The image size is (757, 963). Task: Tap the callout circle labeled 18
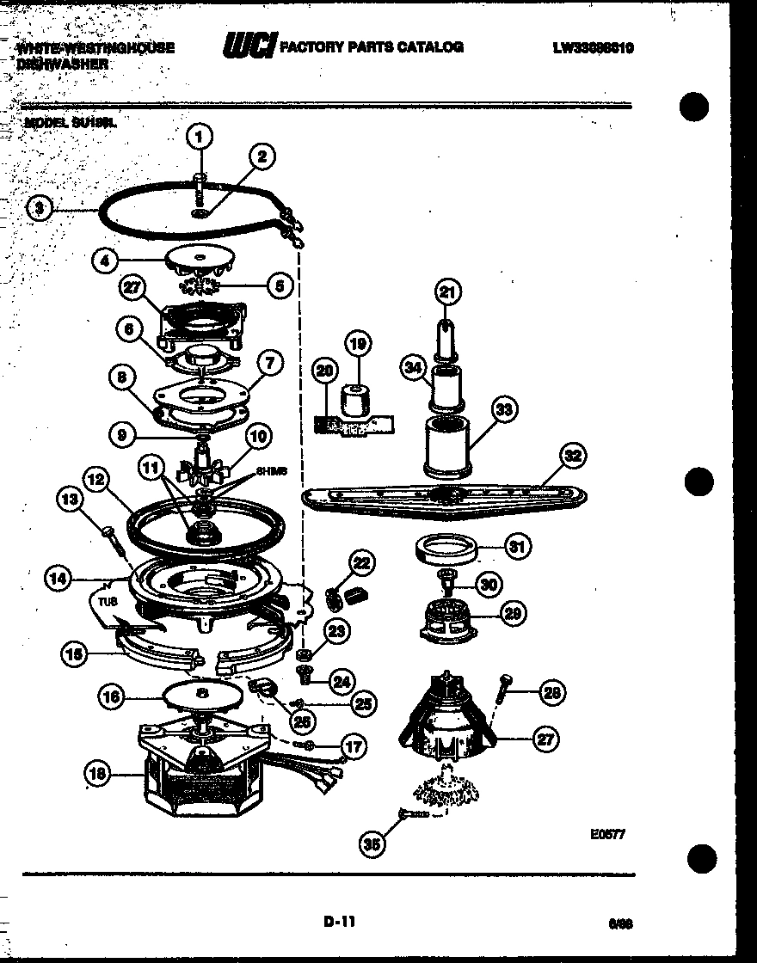[x=98, y=775]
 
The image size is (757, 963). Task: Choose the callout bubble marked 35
[x=371, y=845]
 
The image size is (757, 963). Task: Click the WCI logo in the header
[x=249, y=47]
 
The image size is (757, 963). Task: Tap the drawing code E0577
[x=606, y=831]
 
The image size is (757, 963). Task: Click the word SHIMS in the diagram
[x=270, y=472]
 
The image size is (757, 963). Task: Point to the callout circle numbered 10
[x=258, y=437]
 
